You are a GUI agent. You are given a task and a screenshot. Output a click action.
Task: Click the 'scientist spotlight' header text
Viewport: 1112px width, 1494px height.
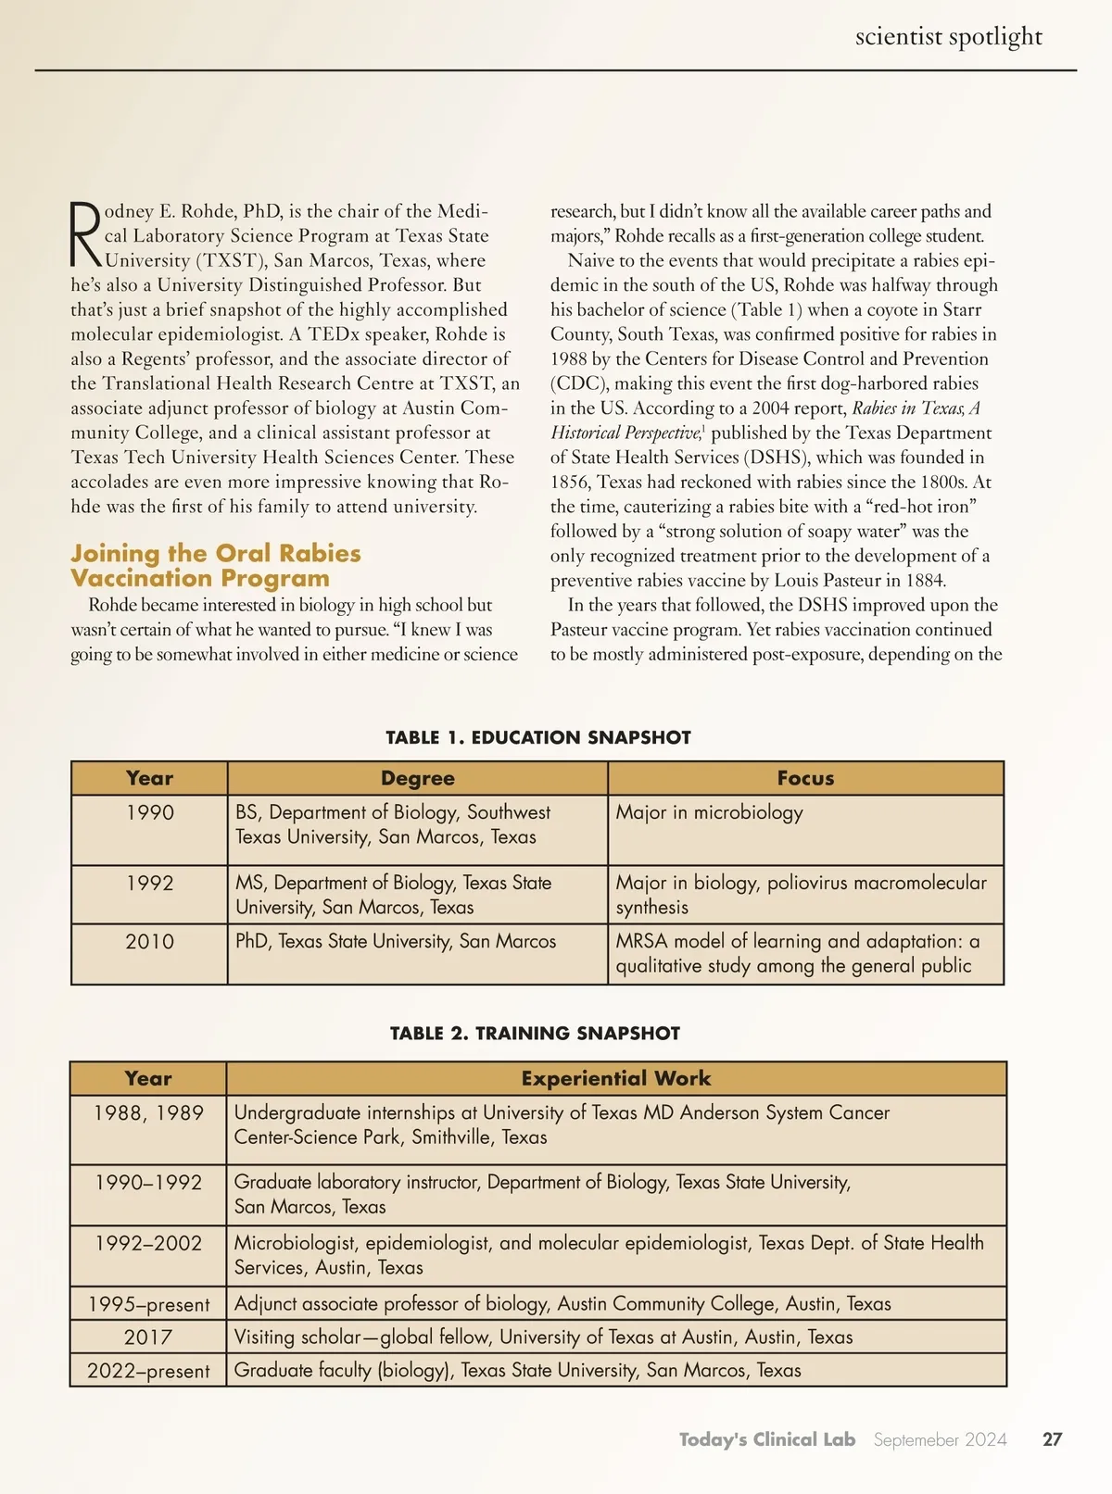pyautogui.click(x=948, y=37)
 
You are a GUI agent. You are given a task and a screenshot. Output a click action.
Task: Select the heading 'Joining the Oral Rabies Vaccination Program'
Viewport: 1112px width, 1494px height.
pyautogui.click(x=215, y=566)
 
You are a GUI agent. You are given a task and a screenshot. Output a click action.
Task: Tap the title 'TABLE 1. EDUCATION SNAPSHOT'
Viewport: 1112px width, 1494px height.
pyautogui.click(x=538, y=738)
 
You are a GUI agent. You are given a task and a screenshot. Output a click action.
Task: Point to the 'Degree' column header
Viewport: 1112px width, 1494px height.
pyautogui.click(x=417, y=779)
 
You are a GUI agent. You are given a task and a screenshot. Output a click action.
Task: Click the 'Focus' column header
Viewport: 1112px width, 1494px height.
pyautogui.click(x=805, y=779)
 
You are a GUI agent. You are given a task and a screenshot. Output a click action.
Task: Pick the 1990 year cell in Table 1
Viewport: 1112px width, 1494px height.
pyautogui.click(x=150, y=813)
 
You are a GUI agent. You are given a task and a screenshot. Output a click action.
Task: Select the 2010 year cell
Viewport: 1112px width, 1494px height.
pyautogui.click(x=149, y=942)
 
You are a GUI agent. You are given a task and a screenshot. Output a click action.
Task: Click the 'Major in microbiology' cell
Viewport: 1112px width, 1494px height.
pyautogui.click(x=709, y=813)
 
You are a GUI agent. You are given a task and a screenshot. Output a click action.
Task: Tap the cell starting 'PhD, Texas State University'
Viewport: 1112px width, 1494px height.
pyautogui.click(x=396, y=942)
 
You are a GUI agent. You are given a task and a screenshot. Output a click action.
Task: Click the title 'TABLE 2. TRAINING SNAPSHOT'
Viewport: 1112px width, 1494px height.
pyautogui.click(x=535, y=1034)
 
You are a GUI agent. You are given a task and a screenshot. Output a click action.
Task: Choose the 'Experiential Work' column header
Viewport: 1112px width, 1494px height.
pyautogui.click(x=615, y=1079)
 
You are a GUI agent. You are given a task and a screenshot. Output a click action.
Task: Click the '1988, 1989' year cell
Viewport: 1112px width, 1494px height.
pyautogui.click(x=148, y=1113)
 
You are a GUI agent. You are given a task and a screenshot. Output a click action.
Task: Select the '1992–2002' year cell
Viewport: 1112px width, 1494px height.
pyautogui.click(x=148, y=1244)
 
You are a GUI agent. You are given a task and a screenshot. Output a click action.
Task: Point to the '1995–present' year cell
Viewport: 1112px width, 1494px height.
pyautogui.click(x=148, y=1305)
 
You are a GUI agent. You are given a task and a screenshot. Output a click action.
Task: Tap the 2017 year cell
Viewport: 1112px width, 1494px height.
pyautogui.click(x=148, y=1337)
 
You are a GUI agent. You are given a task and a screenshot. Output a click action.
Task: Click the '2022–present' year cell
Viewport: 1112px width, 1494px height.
pyautogui.click(x=148, y=1371)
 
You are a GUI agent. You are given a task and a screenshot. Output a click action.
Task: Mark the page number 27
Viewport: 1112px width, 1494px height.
pyautogui.click(x=1052, y=1440)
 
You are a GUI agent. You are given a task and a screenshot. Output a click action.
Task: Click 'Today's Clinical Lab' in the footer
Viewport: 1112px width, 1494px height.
pyautogui.click(x=766, y=1440)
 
